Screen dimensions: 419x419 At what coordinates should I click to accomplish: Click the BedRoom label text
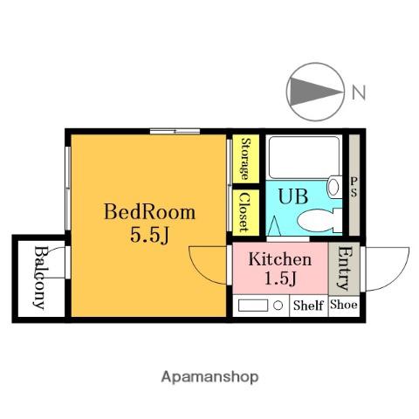149,211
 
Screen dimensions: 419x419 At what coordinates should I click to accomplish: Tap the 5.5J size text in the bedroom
149,235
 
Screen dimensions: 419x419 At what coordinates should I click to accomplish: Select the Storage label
246,159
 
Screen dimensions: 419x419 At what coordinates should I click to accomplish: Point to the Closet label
244,212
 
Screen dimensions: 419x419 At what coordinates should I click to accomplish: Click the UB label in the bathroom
293,196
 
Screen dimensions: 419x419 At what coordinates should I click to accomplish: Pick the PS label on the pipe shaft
354,188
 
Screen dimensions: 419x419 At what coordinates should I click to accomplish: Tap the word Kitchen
279,259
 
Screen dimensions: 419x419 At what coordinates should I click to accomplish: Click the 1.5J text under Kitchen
280,278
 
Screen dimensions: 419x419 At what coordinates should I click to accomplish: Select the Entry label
344,268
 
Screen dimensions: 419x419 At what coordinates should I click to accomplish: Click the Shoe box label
344,305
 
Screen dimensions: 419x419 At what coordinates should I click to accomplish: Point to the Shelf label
308,306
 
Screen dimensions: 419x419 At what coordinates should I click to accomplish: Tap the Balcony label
40,278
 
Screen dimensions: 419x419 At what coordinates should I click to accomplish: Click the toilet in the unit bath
319,220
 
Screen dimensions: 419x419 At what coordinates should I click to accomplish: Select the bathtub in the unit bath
304,157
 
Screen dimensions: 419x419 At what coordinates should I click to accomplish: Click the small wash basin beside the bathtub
334,187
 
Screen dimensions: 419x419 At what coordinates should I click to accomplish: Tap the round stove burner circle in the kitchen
278,306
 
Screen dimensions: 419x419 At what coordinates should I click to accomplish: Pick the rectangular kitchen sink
253,306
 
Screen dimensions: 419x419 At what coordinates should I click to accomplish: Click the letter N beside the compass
359,93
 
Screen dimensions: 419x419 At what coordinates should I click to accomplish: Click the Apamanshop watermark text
209,377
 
